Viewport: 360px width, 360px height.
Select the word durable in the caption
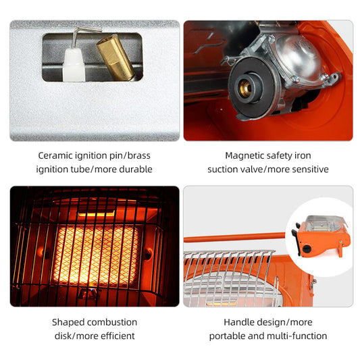click(x=134, y=169)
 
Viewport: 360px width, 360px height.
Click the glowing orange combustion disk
click(x=95, y=254)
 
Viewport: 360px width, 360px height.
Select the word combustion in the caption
click(x=112, y=322)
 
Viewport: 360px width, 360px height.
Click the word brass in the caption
click(x=137, y=155)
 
